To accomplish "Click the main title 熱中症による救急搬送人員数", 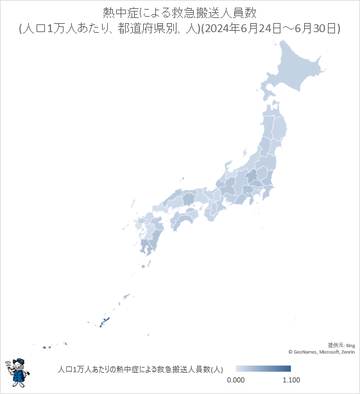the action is tap(180, 13).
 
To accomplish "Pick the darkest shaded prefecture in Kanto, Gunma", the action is tap(252, 175).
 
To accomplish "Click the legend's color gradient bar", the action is tap(263, 369).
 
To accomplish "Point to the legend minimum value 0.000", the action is tap(236, 380).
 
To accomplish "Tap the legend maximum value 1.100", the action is tap(291, 380).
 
